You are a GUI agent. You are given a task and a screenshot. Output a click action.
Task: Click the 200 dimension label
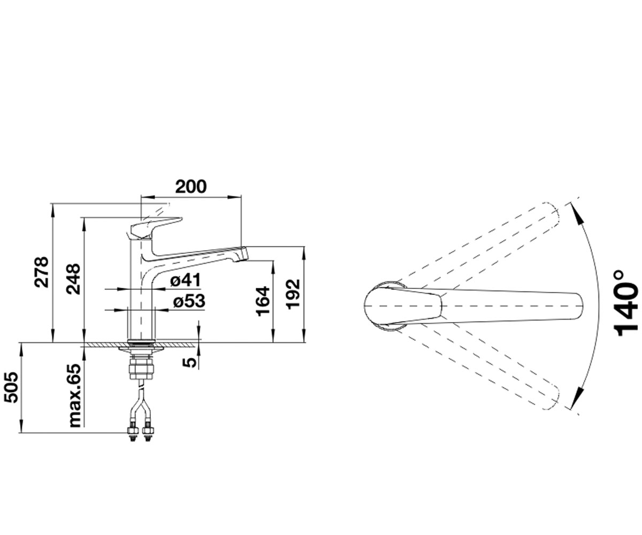coord(190,186)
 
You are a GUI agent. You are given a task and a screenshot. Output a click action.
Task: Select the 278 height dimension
coord(41,272)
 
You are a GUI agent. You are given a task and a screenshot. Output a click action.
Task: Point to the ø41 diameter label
coord(186,280)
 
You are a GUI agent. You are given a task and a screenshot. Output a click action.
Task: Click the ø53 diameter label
coord(189,301)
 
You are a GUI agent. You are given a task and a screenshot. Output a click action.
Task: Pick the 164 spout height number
coord(263,301)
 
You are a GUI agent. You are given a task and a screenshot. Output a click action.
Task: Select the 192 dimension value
coord(293,293)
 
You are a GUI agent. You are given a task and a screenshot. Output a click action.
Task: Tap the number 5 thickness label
coord(189,363)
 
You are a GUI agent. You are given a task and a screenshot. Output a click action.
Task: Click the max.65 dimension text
coord(74,396)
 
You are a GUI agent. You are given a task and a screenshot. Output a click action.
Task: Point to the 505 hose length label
coord(11,387)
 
